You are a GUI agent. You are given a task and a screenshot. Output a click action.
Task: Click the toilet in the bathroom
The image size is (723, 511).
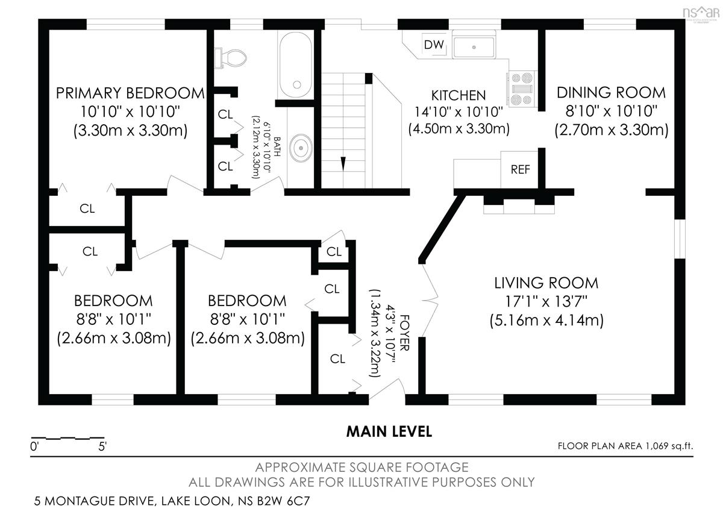click(x=231, y=58)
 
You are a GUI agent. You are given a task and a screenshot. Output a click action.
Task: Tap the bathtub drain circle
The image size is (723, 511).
click(x=297, y=85)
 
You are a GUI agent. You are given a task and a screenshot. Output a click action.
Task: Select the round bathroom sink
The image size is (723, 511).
click(x=301, y=148)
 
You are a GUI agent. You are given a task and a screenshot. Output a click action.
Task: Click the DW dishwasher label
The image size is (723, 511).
click(x=434, y=45)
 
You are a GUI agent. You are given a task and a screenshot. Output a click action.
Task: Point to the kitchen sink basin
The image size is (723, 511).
click(x=474, y=47)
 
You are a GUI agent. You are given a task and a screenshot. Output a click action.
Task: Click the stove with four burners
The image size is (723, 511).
click(x=522, y=89)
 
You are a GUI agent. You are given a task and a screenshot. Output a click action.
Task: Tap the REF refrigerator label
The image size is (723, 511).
click(x=521, y=169)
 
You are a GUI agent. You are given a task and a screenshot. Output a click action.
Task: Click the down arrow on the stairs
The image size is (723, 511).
click(x=343, y=163)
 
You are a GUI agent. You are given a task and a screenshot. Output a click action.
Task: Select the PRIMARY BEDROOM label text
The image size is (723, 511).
click(x=130, y=93)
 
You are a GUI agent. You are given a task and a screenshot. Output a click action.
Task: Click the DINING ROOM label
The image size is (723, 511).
click(x=611, y=93)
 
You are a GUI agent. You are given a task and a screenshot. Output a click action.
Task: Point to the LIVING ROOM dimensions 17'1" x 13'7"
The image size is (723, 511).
click(x=546, y=301)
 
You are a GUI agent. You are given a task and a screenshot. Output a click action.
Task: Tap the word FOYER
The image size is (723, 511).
click(x=404, y=333)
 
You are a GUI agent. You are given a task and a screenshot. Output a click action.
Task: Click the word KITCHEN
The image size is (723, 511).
click(x=459, y=96)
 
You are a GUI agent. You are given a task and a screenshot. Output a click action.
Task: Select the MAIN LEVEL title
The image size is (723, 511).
click(x=389, y=431)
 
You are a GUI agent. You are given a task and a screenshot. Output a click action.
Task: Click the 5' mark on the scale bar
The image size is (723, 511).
click(x=102, y=447)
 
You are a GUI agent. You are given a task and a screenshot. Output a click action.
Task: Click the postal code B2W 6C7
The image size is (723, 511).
click(x=283, y=501)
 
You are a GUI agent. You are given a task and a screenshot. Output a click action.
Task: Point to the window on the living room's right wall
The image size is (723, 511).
click(x=680, y=239)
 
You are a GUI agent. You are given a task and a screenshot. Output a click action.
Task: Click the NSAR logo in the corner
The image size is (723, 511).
click(x=701, y=13)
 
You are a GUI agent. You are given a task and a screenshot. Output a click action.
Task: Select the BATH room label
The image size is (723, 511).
click(x=277, y=146)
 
